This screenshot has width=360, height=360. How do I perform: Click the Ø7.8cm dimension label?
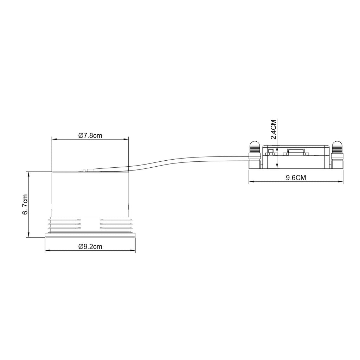click(x=90, y=135)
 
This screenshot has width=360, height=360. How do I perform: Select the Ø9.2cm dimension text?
click(x=90, y=246)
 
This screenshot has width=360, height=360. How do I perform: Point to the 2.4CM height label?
click(x=274, y=129)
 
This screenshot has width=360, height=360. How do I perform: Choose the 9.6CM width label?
click(x=296, y=178)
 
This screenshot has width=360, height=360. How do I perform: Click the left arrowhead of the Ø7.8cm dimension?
click(x=54, y=139)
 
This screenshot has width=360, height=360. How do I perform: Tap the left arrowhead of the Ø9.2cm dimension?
click(x=47, y=250)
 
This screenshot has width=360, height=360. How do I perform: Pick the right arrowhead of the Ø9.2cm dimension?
click(x=133, y=250)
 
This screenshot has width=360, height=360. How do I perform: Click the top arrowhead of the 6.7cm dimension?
click(x=29, y=174)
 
